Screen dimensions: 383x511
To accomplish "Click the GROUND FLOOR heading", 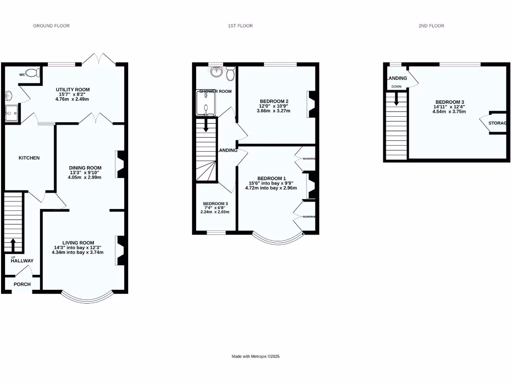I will click(x=51, y=25).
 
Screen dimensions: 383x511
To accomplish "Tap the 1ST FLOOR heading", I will click(x=231, y=25).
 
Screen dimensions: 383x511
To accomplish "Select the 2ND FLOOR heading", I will click(x=431, y=25).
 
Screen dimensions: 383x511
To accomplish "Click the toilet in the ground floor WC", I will click(x=32, y=73).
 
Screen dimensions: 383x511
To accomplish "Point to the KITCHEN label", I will click(x=29, y=158).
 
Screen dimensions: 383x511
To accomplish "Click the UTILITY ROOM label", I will click(x=73, y=90).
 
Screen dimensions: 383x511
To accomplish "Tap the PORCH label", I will click(x=22, y=285).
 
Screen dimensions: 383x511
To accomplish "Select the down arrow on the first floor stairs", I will click(x=205, y=126).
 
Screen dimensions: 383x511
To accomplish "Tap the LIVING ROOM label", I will click(x=78, y=243).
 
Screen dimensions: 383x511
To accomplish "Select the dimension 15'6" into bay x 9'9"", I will click(x=271, y=183).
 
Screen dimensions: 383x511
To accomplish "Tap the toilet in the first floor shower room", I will click(x=230, y=74).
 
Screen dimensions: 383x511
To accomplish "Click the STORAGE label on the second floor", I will click(x=497, y=123).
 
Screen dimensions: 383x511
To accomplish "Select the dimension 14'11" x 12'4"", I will click(x=450, y=107).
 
